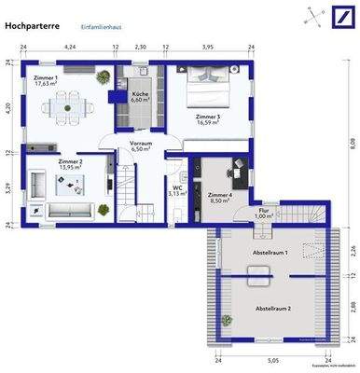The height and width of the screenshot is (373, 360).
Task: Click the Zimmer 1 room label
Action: pos(45,81)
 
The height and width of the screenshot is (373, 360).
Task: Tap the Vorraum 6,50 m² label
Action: pos(141,145)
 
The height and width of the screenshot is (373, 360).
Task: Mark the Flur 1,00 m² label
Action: pos(267,214)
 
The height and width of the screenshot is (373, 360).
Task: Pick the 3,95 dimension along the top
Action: pos(208,46)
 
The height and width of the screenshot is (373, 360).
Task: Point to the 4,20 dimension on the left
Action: pos(7,106)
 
